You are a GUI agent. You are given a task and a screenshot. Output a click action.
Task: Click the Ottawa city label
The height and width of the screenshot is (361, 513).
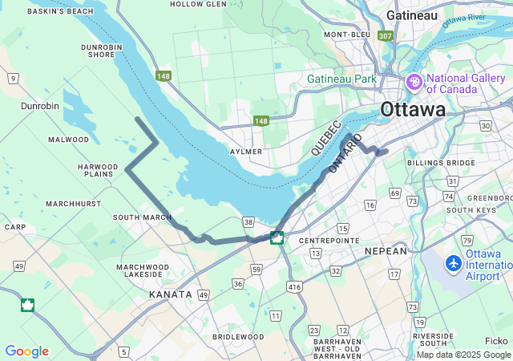pos(413,109)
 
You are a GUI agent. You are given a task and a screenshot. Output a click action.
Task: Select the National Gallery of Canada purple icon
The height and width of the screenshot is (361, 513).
pos(414,81)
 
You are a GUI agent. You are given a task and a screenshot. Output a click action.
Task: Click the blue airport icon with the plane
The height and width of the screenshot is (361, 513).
pos(454,262)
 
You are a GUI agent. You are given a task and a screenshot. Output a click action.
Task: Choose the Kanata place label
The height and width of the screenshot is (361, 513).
pos(171,294)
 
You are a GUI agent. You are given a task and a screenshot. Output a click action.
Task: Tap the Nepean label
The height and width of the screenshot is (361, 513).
pos(386,251)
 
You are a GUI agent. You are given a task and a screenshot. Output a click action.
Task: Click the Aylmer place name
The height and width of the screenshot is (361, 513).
pos(246,152)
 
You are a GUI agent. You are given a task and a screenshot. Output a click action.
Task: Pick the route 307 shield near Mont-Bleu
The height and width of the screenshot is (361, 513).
pos(386,35)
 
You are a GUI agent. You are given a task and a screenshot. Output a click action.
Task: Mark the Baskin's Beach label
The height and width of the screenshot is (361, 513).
pos(60,12)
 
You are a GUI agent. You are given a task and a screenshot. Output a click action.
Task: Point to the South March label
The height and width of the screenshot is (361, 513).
pos(142,217)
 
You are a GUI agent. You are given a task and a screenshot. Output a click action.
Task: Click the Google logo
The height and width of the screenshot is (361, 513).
pos(26,351)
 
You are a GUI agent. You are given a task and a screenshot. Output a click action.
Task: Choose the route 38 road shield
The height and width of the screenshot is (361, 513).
pos(248,222)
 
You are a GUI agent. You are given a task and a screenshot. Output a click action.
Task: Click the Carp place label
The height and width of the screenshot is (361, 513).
pos(14,227)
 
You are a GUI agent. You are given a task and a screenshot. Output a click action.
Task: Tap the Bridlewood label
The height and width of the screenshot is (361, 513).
pos(238,337)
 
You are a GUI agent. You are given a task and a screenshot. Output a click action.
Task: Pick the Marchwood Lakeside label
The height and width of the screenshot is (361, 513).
pos(142,270)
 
